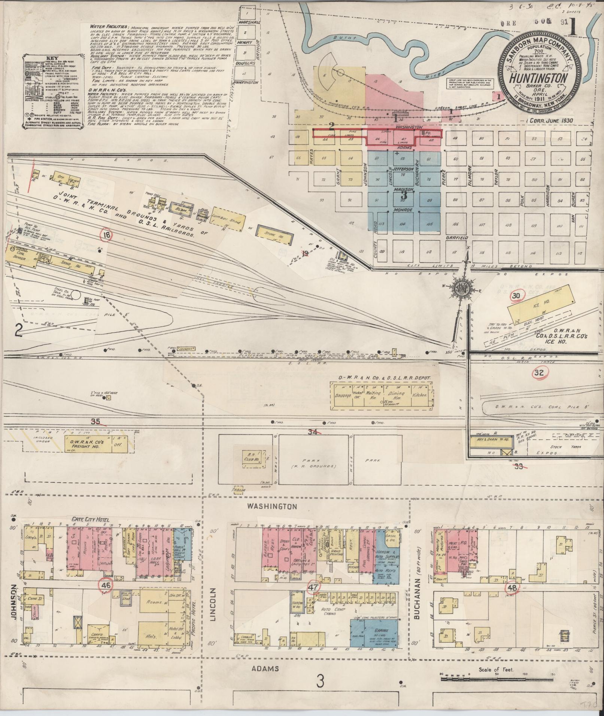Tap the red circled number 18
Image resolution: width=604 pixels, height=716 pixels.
coord(107,235)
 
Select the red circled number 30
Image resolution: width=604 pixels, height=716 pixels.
coord(516,296)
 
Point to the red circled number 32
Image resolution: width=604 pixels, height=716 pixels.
coord(539,372)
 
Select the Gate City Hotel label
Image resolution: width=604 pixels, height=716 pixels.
coord(90,520)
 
